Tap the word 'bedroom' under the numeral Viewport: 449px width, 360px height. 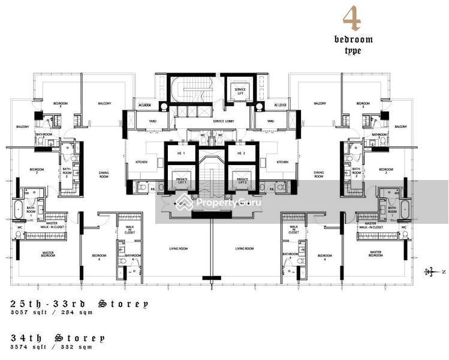(x=353, y=40)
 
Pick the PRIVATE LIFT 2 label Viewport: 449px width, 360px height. (x=242, y=181)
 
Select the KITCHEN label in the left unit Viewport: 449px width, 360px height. (x=141, y=162)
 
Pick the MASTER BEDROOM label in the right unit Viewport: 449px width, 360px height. (x=376, y=254)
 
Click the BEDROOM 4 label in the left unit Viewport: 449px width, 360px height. (x=98, y=256)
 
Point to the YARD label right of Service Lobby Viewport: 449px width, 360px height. (x=270, y=121)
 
